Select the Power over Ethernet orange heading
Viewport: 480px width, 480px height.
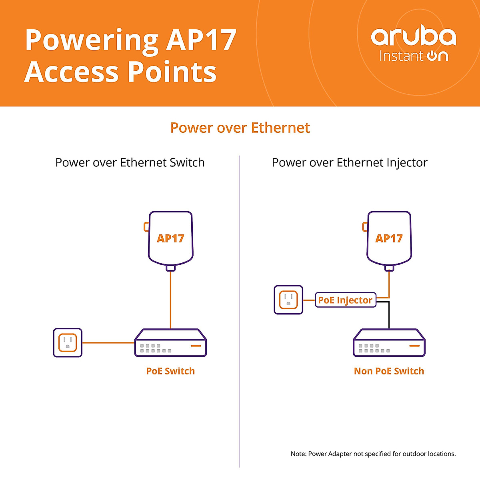pos(240,128)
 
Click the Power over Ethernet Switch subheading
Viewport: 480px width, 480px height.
pos(130,162)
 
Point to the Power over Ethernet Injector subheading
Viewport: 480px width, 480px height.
pos(350,163)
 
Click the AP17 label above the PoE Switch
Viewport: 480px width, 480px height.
pos(170,238)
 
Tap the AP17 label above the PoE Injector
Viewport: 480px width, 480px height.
pos(389,238)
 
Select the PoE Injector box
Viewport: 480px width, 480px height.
pos(346,300)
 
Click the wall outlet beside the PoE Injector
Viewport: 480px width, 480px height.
pos(288,300)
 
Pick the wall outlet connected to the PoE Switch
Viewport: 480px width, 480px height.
pos(68,343)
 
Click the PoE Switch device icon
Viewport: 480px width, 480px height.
pos(171,343)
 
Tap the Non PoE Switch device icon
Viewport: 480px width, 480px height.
pos(389,343)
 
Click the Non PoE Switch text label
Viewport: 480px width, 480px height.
pos(389,371)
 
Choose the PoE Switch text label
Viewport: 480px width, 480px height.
pos(170,371)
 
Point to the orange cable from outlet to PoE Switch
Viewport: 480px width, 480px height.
pos(108,343)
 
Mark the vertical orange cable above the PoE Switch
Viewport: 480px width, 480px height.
pos(170,300)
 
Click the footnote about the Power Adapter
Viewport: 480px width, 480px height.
pos(373,454)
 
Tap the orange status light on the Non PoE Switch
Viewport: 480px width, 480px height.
pos(414,346)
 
